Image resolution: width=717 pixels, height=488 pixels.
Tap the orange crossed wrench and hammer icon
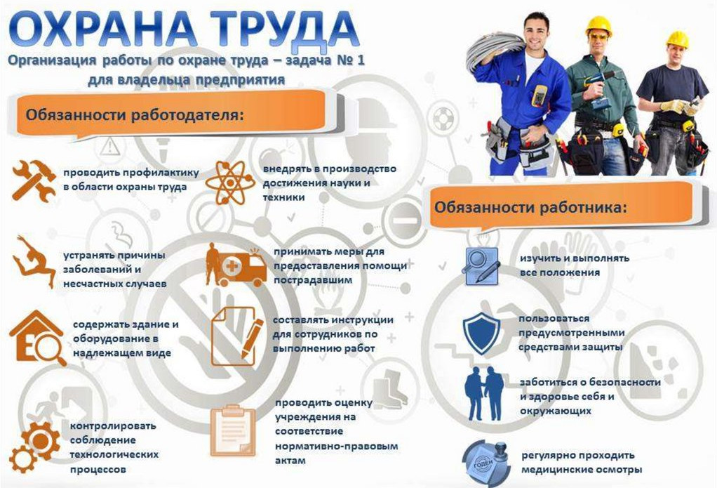tap(34, 180)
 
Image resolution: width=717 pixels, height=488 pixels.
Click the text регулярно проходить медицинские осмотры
tap(582, 462)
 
